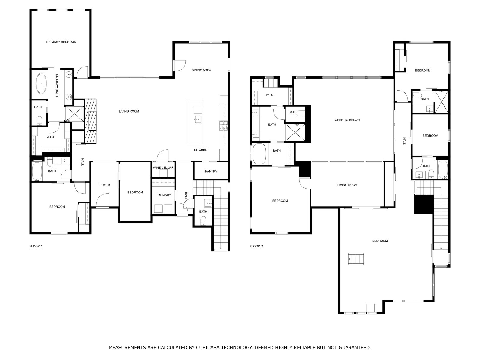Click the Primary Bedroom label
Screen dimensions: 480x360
[x=61, y=42]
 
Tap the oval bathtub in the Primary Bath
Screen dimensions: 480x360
[x=41, y=84]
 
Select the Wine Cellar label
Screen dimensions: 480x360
[x=163, y=168]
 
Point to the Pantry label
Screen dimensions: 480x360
[x=211, y=171]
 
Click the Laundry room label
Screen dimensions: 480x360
[x=163, y=195]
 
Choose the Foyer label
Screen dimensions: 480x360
[x=105, y=185]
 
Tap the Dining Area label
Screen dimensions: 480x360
[x=201, y=70]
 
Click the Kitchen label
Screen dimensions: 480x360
[x=200, y=150]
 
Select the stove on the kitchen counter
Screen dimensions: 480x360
[x=223, y=126]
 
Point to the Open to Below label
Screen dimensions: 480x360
[x=347, y=120]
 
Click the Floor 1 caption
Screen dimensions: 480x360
[x=36, y=246]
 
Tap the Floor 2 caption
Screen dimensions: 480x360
[x=256, y=246]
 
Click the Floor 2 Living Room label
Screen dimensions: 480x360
[x=347, y=185]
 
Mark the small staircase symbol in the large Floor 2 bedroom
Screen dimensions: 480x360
[x=356, y=259]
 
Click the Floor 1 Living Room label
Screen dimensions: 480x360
[x=129, y=111]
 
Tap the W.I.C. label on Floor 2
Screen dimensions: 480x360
[x=270, y=95]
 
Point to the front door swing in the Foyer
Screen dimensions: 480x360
[x=103, y=200]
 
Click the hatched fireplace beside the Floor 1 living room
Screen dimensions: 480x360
[x=91, y=121]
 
